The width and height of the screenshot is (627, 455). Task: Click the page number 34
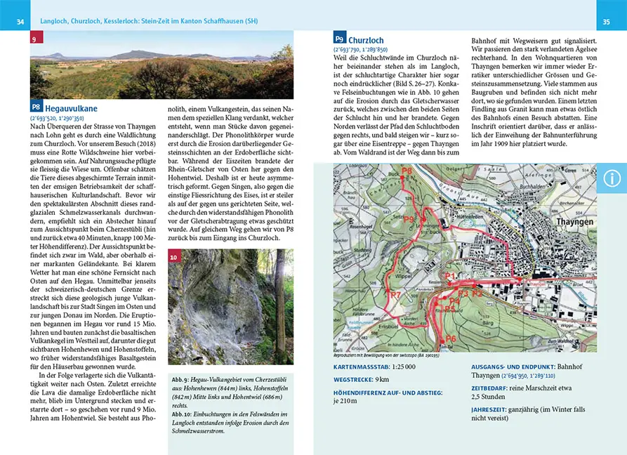[x=20, y=22]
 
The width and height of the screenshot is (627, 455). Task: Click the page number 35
[x=606, y=22]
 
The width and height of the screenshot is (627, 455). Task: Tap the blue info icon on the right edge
[x=612, y=178]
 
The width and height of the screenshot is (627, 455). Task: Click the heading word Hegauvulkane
[x=71, y=109]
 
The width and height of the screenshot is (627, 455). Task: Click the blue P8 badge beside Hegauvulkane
[x=36, y=107]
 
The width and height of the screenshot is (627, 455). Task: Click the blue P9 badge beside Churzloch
[x=340, y=39]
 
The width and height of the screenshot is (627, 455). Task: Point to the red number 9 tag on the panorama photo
[x=35, y=39]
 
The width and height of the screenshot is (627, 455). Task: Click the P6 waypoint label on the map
[x=450, y=339]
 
